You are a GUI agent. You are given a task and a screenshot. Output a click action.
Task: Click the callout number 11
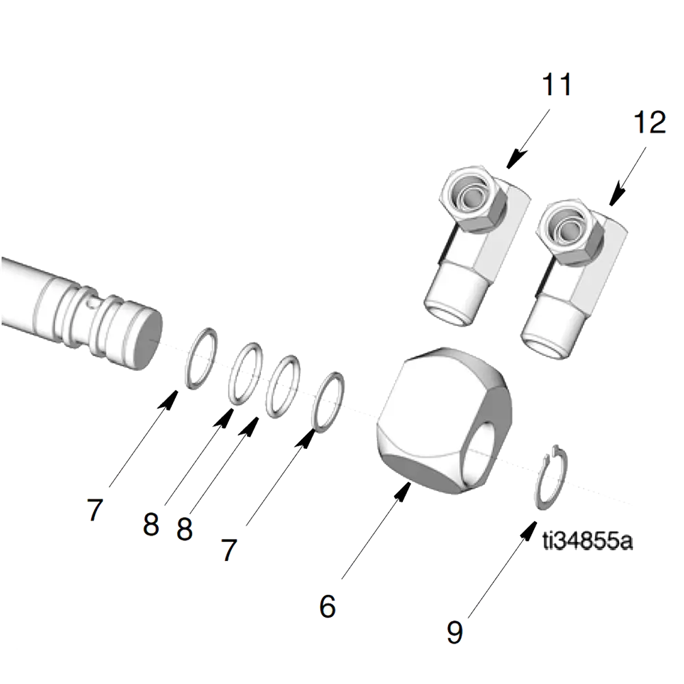(556, 85)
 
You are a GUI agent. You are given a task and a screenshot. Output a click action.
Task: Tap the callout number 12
(650, 122)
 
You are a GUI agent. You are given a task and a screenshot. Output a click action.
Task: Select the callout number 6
(328, 606)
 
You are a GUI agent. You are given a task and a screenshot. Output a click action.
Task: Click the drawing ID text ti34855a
(588, 541)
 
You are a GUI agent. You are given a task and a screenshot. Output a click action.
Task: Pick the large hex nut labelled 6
(444, 421)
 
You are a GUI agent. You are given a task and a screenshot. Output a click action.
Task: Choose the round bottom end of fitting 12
(547, 345)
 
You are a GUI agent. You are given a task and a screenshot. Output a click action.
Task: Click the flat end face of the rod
(144, 339)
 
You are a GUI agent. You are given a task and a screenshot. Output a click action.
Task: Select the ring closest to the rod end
(201, 358)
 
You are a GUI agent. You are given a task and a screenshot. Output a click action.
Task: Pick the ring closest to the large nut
(328, 402)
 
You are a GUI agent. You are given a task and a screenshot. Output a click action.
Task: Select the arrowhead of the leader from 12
(617, 196)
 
